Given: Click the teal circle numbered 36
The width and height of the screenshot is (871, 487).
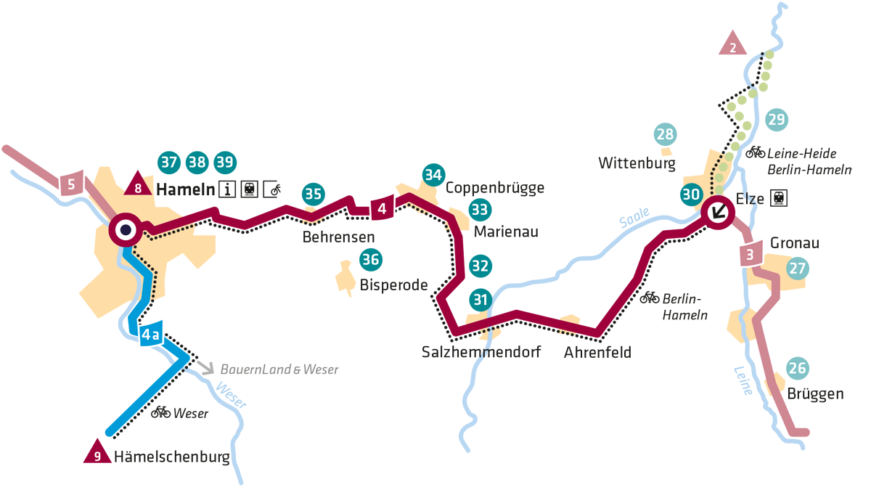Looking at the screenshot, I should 371,259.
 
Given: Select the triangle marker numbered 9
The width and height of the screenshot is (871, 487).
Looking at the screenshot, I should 96,454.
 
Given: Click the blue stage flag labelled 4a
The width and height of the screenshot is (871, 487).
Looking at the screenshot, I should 150,334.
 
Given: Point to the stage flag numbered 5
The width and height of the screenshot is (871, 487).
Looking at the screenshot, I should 71,184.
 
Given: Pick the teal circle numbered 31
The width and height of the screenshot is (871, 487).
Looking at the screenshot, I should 481,299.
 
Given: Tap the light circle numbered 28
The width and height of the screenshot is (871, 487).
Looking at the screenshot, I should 665,134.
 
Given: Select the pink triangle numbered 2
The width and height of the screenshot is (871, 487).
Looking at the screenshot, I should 733,46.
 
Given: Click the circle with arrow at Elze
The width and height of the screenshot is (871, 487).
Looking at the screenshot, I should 719,213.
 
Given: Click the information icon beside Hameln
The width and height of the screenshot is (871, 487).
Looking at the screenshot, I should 228,190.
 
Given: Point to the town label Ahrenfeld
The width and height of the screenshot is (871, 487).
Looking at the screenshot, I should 597,353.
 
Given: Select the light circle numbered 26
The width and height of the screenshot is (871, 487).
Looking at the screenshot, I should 797,369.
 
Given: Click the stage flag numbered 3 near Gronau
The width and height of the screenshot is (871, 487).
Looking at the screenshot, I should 750,254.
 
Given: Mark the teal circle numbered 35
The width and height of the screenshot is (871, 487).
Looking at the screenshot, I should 314,194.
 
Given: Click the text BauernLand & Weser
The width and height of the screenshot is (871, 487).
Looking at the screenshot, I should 279,369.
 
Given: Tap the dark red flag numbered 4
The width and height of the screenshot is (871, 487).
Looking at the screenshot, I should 382,208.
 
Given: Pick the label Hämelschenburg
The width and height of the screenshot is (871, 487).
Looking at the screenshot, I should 171,457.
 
